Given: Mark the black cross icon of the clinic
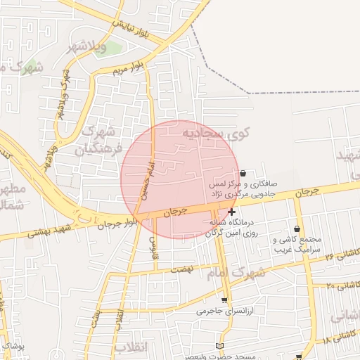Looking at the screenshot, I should (x=232, y=211).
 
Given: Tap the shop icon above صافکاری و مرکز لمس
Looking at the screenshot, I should (x=243, y=174).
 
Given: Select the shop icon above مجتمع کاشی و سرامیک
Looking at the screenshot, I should (x=297, y=229).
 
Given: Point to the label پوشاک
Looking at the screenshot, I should (x=13, y=346).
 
